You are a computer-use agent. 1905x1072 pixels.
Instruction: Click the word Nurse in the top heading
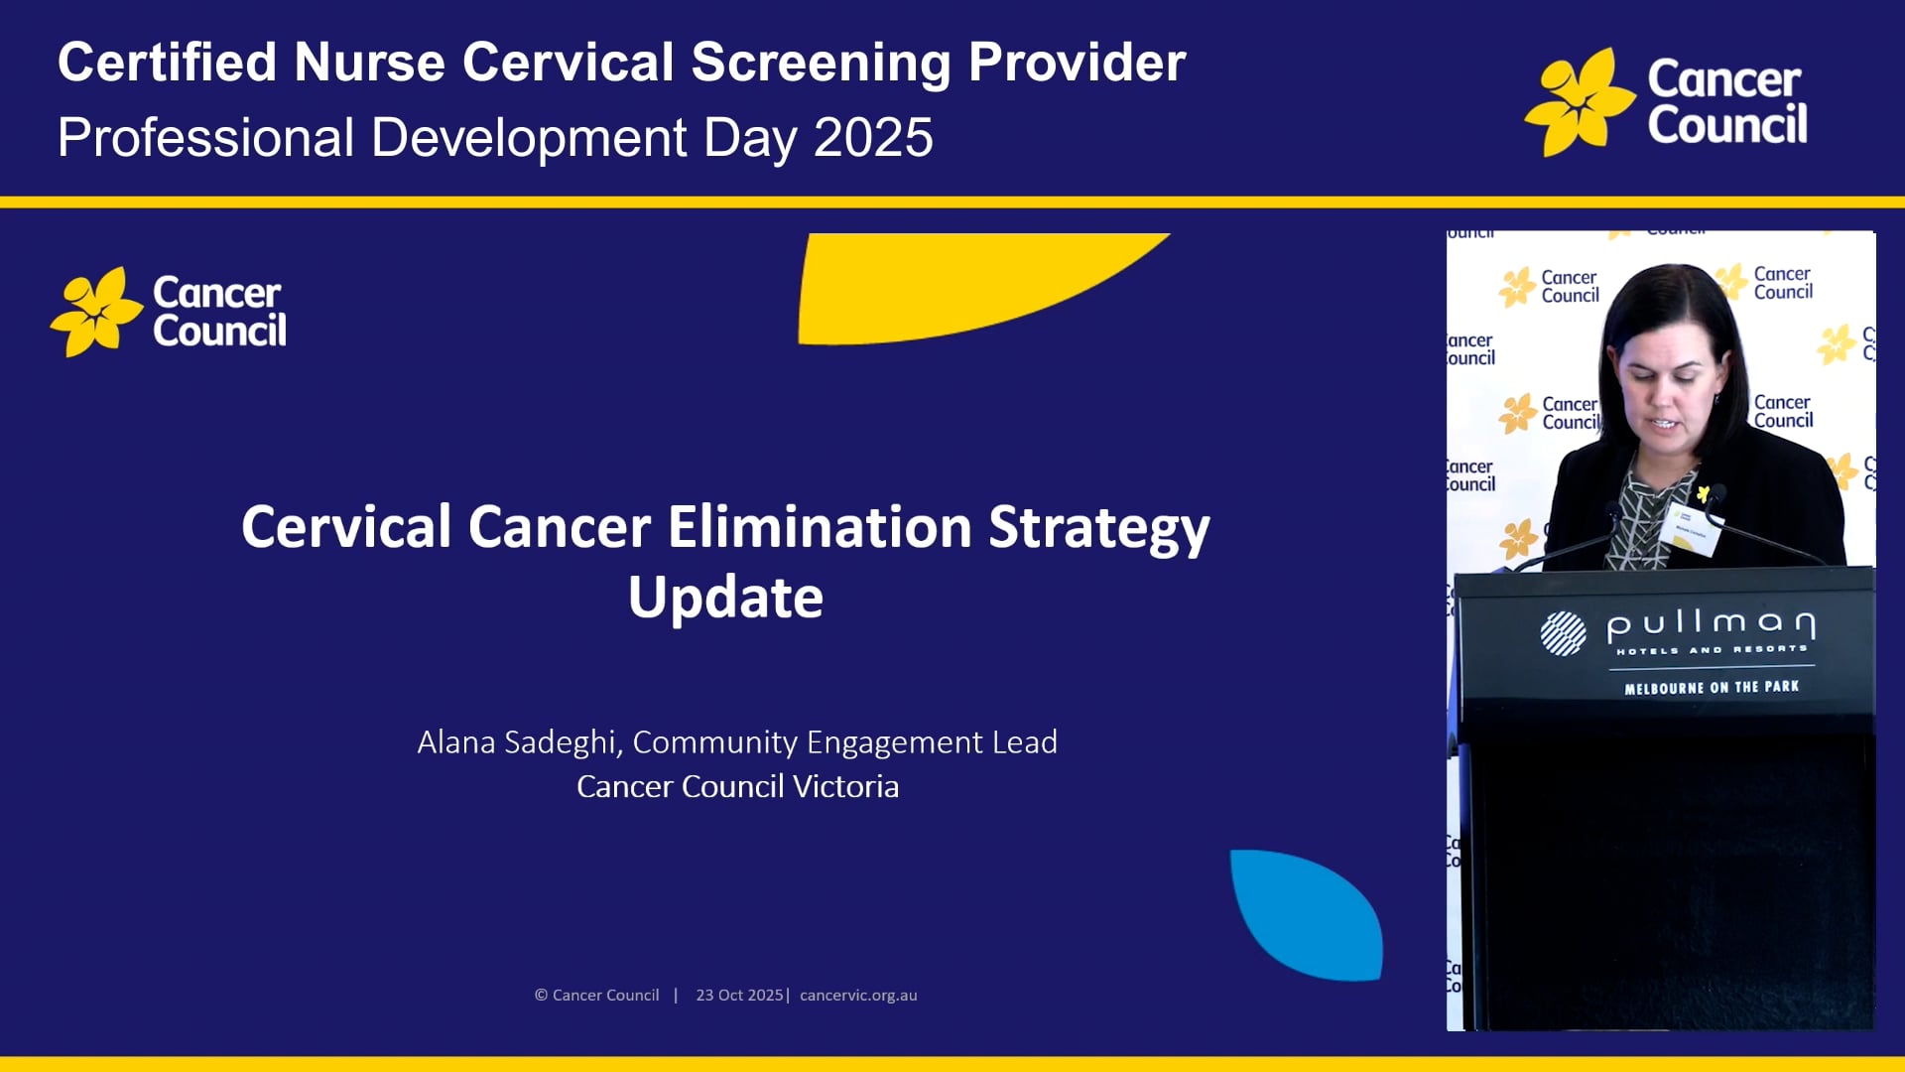click(x=368, y=63)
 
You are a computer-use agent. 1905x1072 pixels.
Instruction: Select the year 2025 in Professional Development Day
click(x=873, y=137)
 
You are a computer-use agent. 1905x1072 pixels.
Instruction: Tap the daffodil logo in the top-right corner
click(x=1579, y=102)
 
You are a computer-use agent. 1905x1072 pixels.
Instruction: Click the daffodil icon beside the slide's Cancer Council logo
click(x=96, y=312)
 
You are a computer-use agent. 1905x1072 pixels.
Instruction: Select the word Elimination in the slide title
click(x=820, y=526)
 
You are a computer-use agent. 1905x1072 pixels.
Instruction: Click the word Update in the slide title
click(x=725, y=598)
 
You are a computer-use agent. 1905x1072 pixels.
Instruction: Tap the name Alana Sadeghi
click(x=517, y=742)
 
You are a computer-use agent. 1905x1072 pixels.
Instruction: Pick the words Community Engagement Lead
click(x=844, y=742)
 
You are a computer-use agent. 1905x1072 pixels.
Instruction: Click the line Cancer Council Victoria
click(x=737, y=787)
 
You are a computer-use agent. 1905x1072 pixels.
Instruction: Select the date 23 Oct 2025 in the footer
click(x=739, y=996)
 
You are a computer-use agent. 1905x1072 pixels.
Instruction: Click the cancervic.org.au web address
click(x=858, y=996)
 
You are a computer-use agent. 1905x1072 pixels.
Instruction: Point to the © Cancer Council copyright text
click(x=596, y=996)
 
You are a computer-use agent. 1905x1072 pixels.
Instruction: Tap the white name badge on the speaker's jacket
click(x=1690, y=526)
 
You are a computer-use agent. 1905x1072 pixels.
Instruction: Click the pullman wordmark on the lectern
click(x=1711, y=624)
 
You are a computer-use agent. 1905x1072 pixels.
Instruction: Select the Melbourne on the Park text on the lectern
click(x=1711, y=687)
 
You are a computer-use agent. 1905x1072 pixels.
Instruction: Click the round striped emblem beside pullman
click(x=1563, y=633)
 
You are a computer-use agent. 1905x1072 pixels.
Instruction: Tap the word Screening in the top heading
click(x=821, y=63)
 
